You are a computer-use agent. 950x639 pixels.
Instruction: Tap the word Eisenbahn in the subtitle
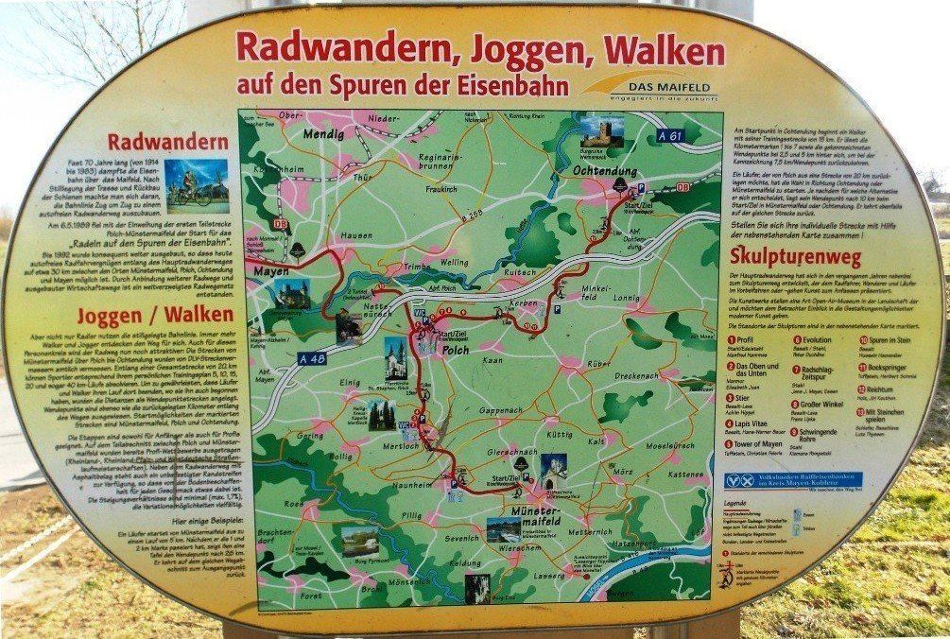pyautogui.click(x=510, y=85)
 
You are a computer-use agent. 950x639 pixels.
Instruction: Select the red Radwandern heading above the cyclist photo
pyautogui.click(x=168, y=143)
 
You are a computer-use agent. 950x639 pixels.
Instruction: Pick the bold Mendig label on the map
pyautogui.click(x=322, y=135)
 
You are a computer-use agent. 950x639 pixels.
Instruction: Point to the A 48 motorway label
pyautogui.click(x=278, y=358)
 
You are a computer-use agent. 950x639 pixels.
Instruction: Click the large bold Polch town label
pyautogui.click(x=458, y=349)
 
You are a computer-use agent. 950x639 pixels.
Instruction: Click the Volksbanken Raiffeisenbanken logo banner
pyautogui.click(x=794, y=479)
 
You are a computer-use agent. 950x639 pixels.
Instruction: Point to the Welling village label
pyautogui.click(x=454, y=261)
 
